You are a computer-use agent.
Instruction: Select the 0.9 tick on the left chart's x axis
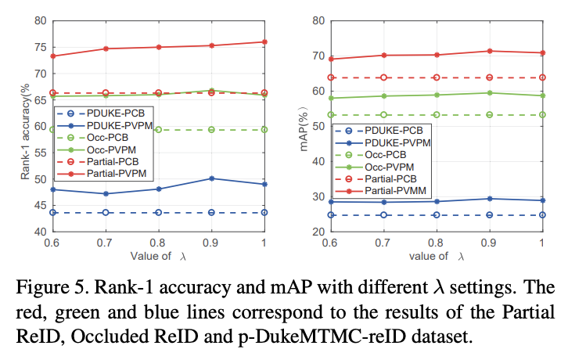click(x=211, y=243)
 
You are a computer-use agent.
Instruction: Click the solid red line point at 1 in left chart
click(x=264, y=41)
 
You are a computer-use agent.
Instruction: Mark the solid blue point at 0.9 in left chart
click(x=211, y=178)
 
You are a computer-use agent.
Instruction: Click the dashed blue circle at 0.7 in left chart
click(x=106, y=212)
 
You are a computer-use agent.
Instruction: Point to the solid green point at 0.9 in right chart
click(x=490, y=92)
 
